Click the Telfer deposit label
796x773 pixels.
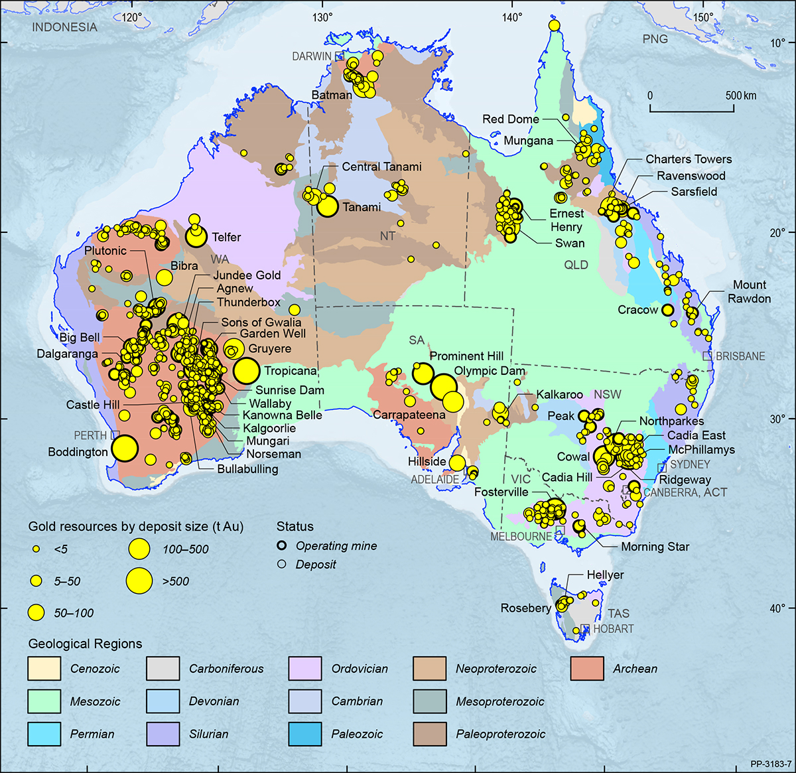pyautogui.click(x=226, y=237)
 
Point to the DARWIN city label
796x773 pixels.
pyautogui.click(x=312, y=56)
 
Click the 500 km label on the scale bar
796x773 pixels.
pyautogui.click(x=741, y=96)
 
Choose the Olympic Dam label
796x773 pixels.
pyautogui.click(x=490, y=371)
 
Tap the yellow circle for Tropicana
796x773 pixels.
pyautogui.click(x=246, y=370)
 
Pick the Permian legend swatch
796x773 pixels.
pyautogui.click(x=44, y=734)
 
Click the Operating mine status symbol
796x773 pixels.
pyautogui.click(x=282, y=545)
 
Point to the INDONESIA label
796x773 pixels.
pyautogui.click(x=64, y=27)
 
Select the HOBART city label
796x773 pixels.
pyautogui.click(x=614, y=628)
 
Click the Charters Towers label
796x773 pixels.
pyautogui.click(x=689, y=159)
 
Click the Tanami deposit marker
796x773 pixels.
pyautogui.click(x=327, y=206)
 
